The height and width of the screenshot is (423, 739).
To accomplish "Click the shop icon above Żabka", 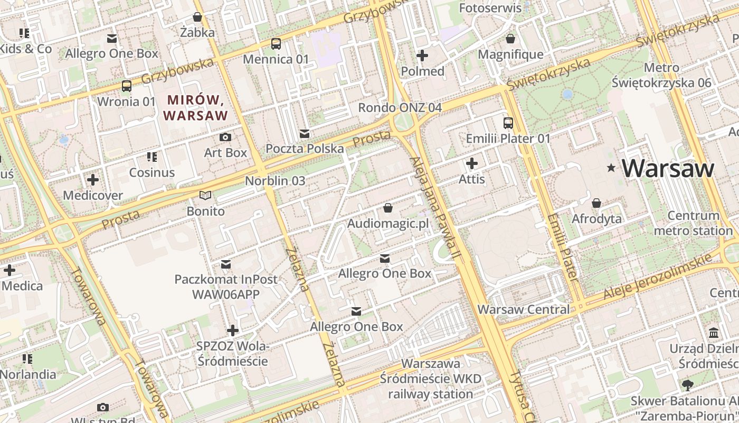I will [197, 17].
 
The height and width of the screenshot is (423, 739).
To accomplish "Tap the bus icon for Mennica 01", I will [276, 44].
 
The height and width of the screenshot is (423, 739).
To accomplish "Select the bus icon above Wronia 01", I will [127, 86].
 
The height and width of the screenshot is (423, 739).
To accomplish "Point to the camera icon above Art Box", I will [225, 137].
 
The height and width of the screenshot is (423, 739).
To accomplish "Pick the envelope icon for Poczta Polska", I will [305, 133].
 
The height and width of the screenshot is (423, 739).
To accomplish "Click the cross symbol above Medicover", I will [93, 180].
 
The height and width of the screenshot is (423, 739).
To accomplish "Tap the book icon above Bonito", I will [205, 196].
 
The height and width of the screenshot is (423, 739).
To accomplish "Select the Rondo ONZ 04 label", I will [400, 108].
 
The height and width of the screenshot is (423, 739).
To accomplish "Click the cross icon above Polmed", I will [422, 55].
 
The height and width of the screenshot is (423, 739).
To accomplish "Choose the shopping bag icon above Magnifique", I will [510, 39].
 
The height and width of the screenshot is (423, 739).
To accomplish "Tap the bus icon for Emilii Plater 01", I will [508, 123].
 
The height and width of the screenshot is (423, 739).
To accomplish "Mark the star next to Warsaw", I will [611, 168].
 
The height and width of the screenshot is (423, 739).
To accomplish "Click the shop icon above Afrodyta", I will [596, 203].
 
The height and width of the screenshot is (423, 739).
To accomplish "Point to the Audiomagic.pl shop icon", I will [387, 208].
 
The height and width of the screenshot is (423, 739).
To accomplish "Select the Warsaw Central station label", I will [523, 309].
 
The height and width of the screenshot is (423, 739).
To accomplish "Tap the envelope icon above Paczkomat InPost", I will [226, 264].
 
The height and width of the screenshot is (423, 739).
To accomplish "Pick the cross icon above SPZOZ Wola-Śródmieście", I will [232, 330].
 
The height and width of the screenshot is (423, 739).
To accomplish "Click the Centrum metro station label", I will [693, 223].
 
